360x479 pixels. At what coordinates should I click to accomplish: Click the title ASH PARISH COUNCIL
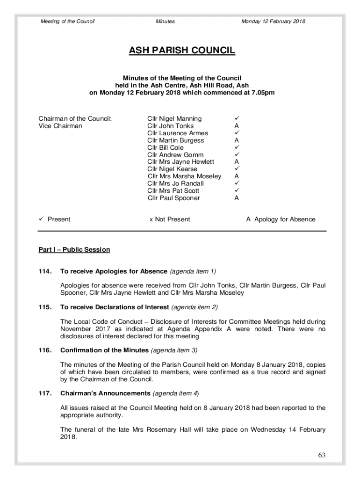point(182,51)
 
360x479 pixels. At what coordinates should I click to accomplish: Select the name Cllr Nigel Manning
point(174,119)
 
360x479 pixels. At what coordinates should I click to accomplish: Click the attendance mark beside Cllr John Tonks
point(237,126)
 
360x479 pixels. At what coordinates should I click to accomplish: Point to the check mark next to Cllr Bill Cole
point(237,147)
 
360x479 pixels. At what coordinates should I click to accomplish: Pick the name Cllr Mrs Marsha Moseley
point(184,176)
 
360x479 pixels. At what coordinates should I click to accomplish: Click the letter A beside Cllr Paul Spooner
point(237,198)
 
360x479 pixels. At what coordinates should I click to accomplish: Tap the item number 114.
point(45,271)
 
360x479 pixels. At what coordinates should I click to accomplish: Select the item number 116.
point(45,350)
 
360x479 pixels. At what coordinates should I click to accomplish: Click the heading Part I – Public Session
point(74,250)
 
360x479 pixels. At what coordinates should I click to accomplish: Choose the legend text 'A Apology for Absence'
point(281,219)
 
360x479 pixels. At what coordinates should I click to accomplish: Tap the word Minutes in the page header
point(165,22)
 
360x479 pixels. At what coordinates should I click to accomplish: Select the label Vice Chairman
point(60,126)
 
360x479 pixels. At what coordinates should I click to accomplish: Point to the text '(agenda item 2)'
point(194,307)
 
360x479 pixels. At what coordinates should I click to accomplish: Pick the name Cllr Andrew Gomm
point(175,155)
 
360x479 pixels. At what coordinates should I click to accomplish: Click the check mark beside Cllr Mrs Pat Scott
point(237,191)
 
